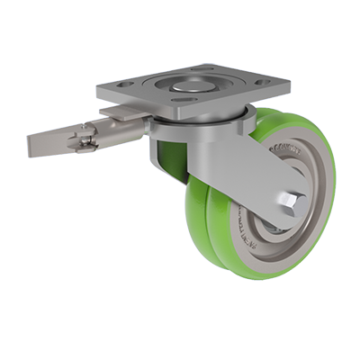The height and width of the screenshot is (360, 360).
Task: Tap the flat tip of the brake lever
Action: click(x=40, y=145)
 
